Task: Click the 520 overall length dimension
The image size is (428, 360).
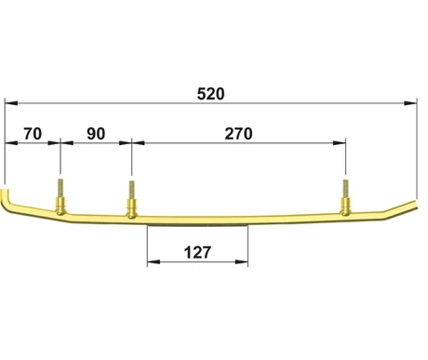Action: [x=210, y=94]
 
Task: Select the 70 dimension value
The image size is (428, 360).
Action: [x=33, y=134]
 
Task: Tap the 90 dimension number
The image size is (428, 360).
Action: [x=96, y=134]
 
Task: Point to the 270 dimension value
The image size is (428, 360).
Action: [x=238, y=134]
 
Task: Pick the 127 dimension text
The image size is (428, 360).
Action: [x=197, y=252]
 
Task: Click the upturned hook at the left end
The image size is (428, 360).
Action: [x=6, y=199]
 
